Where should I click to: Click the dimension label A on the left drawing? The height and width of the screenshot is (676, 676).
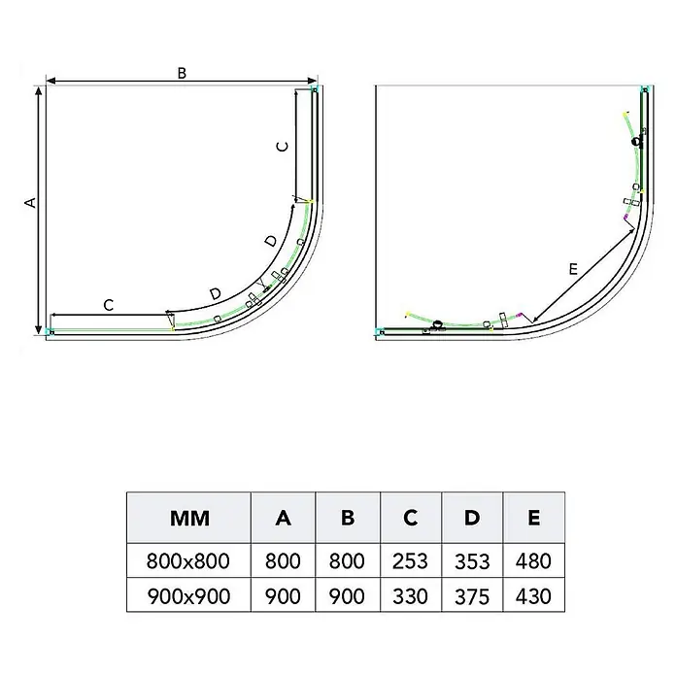tap(31, 202)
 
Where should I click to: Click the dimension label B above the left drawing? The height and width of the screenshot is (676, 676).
tap(182, 73)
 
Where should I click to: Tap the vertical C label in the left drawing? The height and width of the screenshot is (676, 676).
tap(283, 147)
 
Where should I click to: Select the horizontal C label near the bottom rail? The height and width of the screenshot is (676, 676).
tap(109, 305)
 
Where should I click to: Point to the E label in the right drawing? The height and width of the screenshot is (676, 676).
tap(573, 269)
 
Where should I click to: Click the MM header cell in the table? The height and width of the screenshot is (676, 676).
tap(189, 519)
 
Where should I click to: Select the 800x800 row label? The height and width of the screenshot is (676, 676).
tap(188, 561)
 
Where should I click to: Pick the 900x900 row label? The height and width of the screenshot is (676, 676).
tap(188, 596)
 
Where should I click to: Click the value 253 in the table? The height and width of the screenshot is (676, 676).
tap(410, 561)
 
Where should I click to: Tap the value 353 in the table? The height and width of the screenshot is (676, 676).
tap(472, 561)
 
